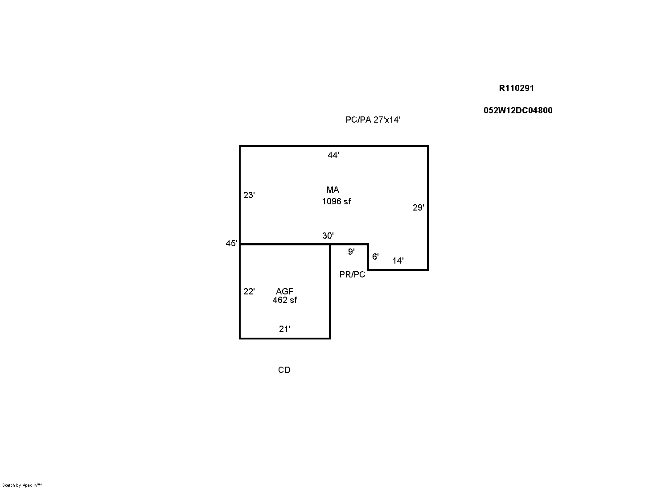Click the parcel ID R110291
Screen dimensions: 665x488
(516, 88)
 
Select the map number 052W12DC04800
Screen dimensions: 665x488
(518, 110)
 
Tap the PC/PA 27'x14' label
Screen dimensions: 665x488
(373, 120)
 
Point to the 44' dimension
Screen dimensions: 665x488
(333, 155)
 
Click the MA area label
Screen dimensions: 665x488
(333, 190)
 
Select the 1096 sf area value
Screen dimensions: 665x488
(337, 201)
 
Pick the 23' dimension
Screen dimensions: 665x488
(249, 195)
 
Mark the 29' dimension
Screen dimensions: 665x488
(418, 207)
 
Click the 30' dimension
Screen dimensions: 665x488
(328, 236)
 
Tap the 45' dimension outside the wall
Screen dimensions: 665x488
(232, 243)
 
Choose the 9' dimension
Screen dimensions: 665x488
(351, 252)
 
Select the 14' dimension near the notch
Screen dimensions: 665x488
(398, 261)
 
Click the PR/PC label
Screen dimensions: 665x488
(352, 274)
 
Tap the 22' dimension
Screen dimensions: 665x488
(249, 291)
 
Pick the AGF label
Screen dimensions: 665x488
(284, 291)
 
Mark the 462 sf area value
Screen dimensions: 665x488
(285, 300)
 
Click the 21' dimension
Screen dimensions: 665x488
(285, 329)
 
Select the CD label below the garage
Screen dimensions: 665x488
(284, 370)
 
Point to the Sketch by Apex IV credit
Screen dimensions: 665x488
(22, 485)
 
